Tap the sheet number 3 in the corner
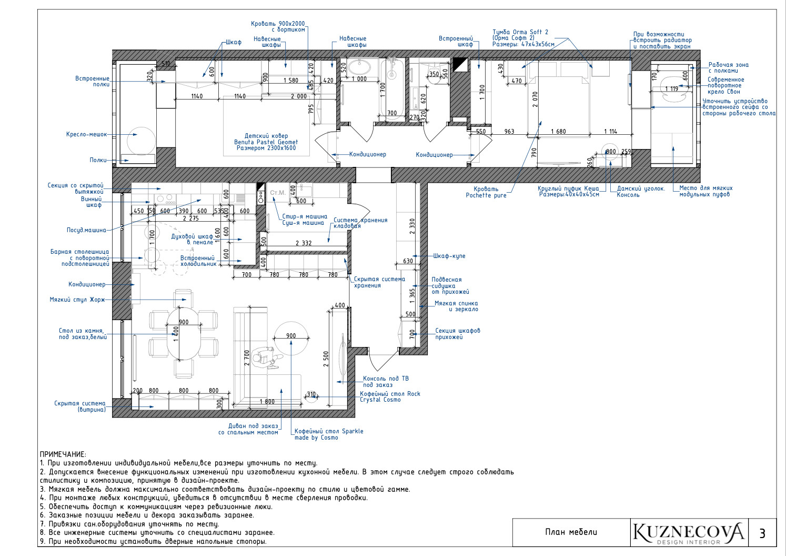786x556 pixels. pos(762,534)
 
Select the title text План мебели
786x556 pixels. pos(571,532)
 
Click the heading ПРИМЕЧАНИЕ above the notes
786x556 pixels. pos(63,454)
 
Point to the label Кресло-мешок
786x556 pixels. pos(86,134)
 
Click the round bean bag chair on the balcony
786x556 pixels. pos(141,141)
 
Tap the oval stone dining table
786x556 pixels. pos(184,334)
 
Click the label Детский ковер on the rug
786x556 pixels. pos(266,135)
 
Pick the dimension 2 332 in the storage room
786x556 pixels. pos(304,243)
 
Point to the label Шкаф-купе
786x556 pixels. pos(449,256)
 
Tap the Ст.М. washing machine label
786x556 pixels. pos(278,193)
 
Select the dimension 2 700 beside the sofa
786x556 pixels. pos(247,358)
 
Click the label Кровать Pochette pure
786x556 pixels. pos(486,192)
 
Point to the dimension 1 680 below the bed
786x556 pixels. pos(558,131)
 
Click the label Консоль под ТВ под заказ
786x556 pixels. pos(386,381)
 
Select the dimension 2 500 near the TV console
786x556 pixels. pos(326,359)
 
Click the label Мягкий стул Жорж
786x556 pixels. pos(77,300)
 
